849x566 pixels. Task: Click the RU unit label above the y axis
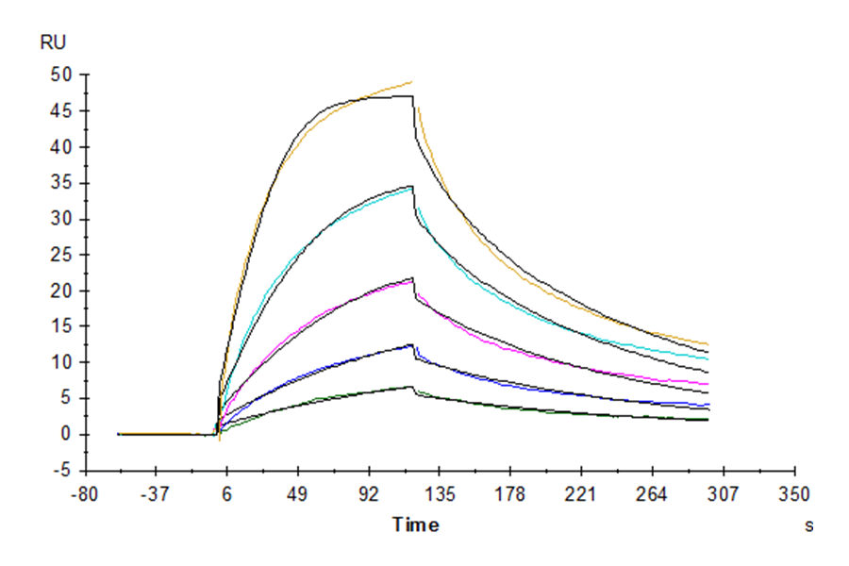54,42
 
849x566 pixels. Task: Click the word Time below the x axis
416,525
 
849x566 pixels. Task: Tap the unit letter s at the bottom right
808,526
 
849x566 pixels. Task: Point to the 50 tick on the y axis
63,75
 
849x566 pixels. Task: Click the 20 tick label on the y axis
63,291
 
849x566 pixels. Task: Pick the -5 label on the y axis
65,470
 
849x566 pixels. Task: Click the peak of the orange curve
411,82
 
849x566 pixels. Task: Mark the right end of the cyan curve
707,358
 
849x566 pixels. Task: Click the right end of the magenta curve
707,385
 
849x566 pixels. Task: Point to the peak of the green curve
411,386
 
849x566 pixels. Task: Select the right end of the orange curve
707,344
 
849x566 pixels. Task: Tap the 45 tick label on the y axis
63,111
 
